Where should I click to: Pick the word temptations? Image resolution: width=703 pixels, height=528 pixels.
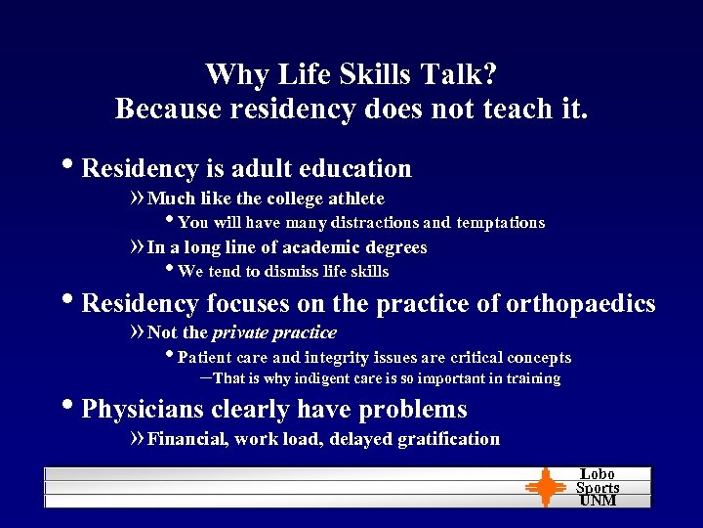499,223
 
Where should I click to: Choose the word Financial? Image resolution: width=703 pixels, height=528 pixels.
188,439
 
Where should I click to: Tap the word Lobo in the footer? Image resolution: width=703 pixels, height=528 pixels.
598,474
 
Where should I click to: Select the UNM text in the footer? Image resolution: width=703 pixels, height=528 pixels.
598,501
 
